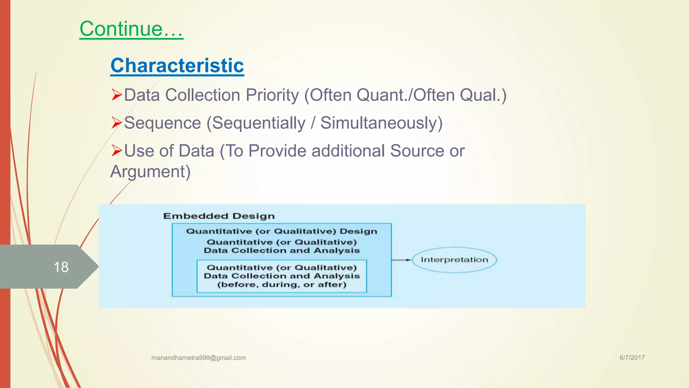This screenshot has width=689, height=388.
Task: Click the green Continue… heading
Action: point(131,29)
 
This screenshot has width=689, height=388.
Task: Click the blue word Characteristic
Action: point(177,65)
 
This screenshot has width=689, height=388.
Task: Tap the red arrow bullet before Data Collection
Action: point(116,95)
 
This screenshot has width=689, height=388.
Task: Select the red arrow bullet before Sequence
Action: point(116,123)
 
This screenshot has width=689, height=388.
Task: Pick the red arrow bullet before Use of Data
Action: point(116,151)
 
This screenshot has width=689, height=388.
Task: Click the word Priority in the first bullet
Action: point(272,95)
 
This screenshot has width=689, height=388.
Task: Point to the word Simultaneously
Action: point(381,123)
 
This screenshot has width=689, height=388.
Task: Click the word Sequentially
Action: point(258,123)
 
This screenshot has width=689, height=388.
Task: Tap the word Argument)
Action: point(150,172)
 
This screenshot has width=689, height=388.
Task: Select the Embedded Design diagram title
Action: point(219,216)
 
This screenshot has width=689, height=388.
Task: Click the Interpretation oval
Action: point(454,260)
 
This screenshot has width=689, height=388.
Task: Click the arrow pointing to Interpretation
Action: point(402,260)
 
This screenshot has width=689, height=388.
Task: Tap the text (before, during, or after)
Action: point(282,285)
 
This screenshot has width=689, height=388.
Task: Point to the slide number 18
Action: point(61,267)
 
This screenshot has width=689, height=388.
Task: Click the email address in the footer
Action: point(198,358)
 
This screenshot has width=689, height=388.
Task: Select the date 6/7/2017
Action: point(632,358)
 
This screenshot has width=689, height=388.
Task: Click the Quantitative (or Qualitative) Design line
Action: point(282,231)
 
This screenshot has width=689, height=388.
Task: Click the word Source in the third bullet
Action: point(417,151)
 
